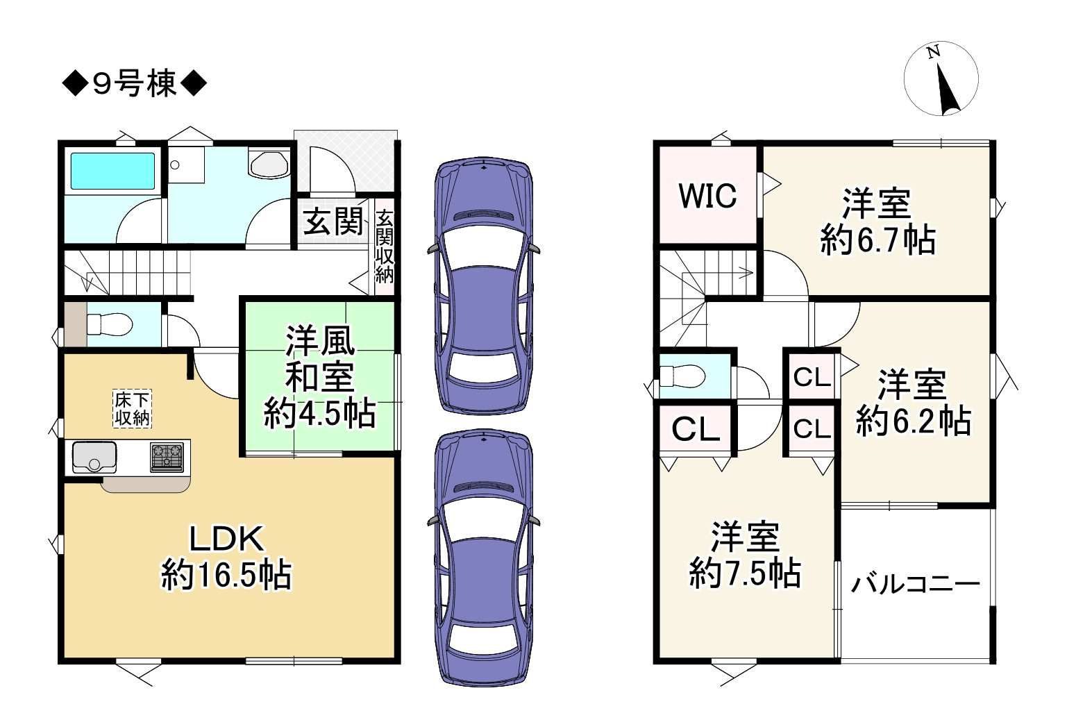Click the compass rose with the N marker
click(x=941, y=78)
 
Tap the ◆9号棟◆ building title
click(x=134, y=84)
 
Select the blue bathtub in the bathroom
click(x=113, y=171)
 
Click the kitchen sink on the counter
click(x=94, y=457)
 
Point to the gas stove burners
click(x=167, y=458)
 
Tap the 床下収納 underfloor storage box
click(x=132, y=408)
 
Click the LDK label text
click(x=226, y=539)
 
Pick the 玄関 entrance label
click(x=333, y=221)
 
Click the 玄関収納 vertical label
click(x=385, y=247)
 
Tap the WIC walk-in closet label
click(x=708, y=196)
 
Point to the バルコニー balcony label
click(x=916, y=584)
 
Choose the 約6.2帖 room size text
click(x=914, y=420)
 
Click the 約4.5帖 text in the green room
click(x=320, y=414)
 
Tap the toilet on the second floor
click(x=682, y=376)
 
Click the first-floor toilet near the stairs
click(x=110, y=325)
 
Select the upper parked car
click(x=483, y=286)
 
